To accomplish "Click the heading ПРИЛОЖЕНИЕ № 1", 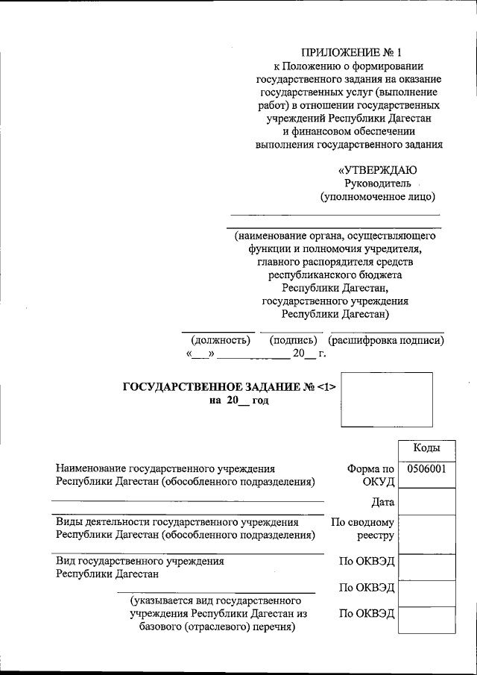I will click(x=350, y=53).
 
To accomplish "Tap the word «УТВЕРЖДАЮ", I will click(x=377, y=170).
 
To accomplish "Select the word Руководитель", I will click(x=377, y=183).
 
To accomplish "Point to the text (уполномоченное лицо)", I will click(x=377, y=197).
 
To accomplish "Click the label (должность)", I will click(x=220, y=340).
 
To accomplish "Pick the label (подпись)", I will click(x=294, y=340).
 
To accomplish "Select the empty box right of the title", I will click(x=386, y=399).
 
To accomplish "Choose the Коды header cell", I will click(x=426, y=448).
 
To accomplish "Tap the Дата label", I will click(x=382, y=502).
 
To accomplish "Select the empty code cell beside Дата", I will click(x=426, y=501).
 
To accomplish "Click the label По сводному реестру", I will click(x=363, y=529).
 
